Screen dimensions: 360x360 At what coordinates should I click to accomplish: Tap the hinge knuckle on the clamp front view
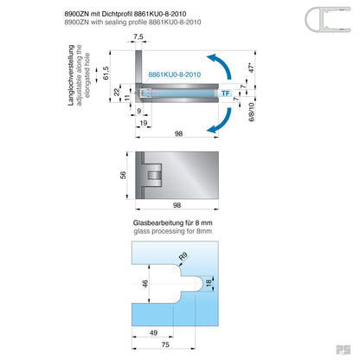[154, 176]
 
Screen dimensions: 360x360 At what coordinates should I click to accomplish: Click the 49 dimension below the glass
[152, 331]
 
